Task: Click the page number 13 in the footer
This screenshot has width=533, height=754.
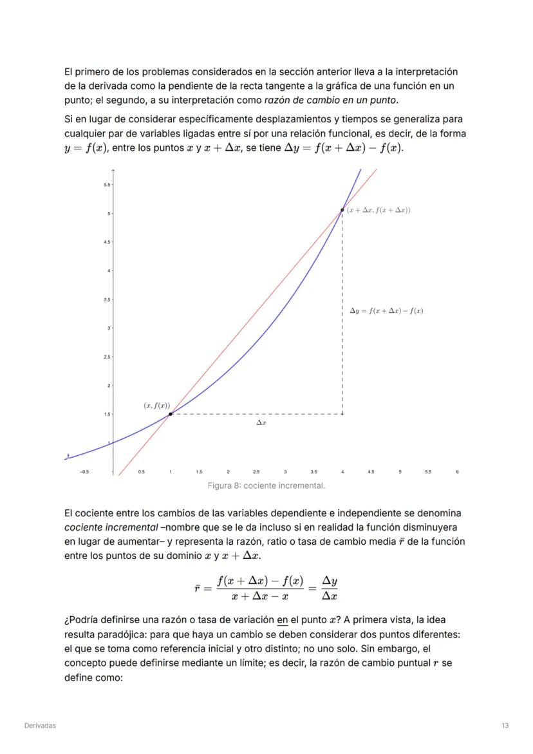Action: (505, 726)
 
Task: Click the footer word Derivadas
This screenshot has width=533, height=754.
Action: (40, 726)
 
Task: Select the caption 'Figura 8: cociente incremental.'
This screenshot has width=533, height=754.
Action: (266, 485)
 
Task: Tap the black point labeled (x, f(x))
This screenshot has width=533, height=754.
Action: (170, 414)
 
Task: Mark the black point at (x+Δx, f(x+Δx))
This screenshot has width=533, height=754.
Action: (342, 210)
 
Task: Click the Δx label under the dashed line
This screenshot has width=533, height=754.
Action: (261, 423)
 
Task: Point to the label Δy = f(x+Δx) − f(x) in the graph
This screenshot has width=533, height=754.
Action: (386, 311)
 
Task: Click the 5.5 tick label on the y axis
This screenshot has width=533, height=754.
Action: (106, 185)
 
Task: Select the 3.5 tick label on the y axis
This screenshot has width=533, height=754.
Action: (106, 299)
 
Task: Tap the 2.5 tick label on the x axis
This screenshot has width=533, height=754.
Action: (256, 472)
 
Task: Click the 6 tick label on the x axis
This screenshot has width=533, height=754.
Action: (457, 472)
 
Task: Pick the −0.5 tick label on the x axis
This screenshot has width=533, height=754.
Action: (84, 472)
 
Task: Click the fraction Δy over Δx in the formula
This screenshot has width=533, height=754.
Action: (330, 589)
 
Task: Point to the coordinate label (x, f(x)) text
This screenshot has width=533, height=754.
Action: (156, 406)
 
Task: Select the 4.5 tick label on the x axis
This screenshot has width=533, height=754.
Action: (371, 472)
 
